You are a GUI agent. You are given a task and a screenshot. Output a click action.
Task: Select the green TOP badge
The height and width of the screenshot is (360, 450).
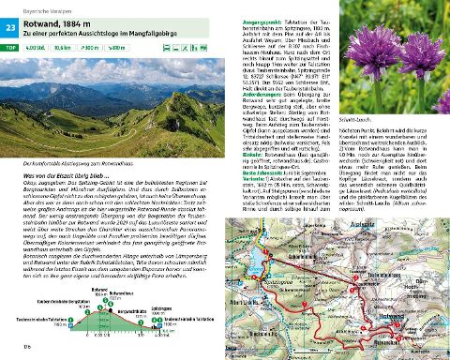coord(12,47)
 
